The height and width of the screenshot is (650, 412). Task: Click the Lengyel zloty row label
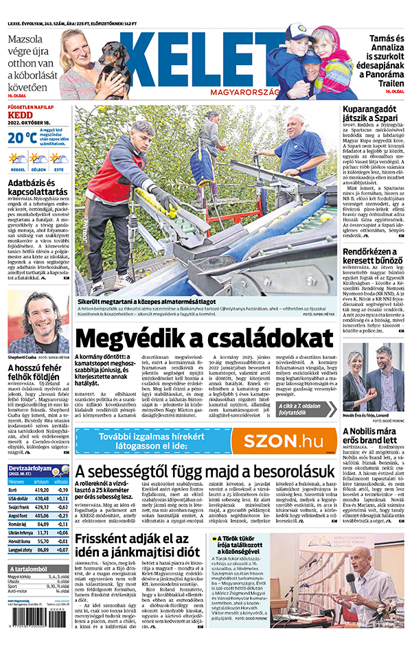[19, 549]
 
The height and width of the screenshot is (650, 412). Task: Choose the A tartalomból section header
[31, 569]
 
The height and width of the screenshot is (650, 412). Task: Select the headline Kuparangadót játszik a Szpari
[374, 115]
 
